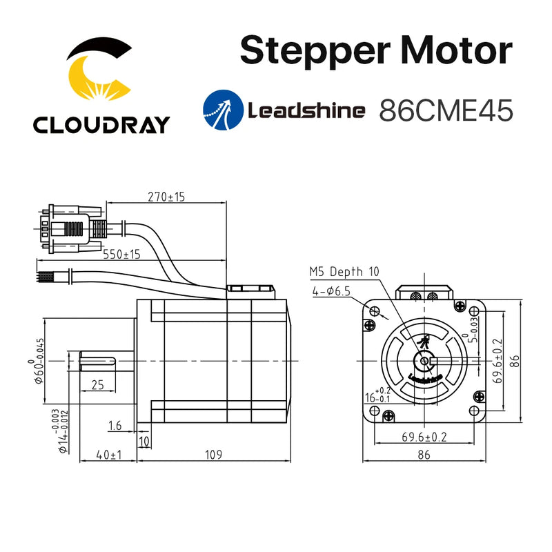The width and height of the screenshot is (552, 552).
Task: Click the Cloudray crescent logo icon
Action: pyautogui.click(x=101, y=72)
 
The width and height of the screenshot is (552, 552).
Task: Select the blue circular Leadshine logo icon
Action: pyautogui.click(x=221, y=110)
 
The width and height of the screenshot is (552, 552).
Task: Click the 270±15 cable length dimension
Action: pyautogui.click(x=166, y=197)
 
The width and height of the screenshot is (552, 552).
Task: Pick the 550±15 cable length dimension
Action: pyautogui.click(x=121, y=254)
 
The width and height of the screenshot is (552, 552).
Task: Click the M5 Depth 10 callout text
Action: pyautogui.click(x=344, y=273)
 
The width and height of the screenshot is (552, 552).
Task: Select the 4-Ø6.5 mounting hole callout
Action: pyautogui.click(x=331, y=291)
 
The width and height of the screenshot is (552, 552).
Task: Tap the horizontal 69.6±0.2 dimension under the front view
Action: pyautogui.click(x=424, y=437)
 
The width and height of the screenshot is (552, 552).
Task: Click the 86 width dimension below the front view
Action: pyautogui.click(x=424, y=455)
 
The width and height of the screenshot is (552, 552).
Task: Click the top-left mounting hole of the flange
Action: pyautogui.click(x=375, y=310)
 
